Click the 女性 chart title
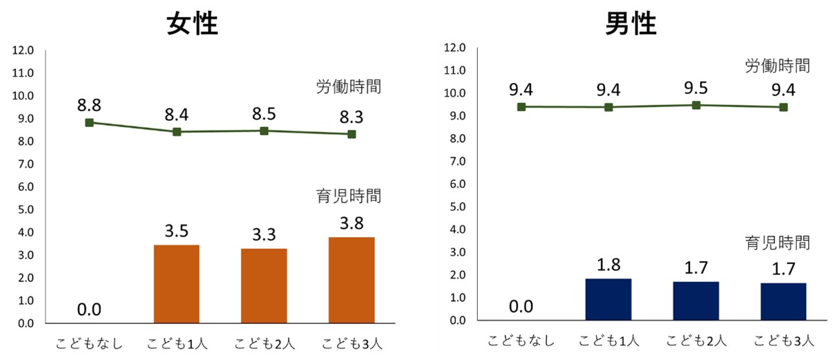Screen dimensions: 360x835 click(193, 25)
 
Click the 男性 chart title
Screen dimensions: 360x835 click(631, 24)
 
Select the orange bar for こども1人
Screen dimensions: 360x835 click(177, 284)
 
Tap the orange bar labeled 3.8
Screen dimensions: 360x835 click(352, 280)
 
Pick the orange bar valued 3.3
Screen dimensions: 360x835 click(264, 285)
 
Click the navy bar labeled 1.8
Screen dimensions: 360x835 click(608, 299)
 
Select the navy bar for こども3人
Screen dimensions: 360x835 click(783, 302)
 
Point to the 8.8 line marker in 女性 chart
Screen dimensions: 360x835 click(89, 122)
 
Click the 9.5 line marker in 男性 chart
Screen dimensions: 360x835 click(696, 105)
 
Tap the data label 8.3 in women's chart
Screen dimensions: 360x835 click(352, 117)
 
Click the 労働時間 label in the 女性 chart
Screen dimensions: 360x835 click(349, 87)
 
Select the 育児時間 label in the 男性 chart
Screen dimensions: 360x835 click(777, 243)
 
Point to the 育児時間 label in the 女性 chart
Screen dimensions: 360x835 click(349, 196)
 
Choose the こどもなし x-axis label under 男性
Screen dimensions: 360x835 click(521, 341)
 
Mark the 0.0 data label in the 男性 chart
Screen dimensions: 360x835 click(521, 306)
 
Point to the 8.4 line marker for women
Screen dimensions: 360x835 click(177, 131)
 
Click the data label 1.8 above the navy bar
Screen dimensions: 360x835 click(608, 264)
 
